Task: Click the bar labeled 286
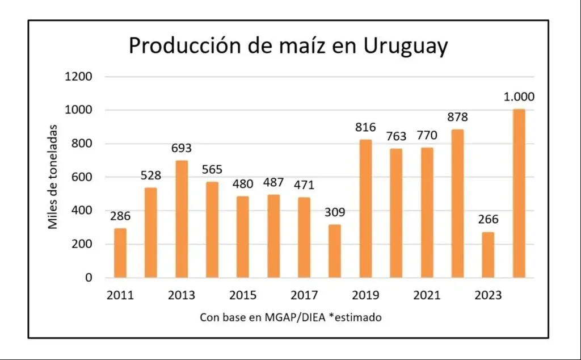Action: point(120,253)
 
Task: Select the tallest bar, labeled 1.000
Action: point(519,194)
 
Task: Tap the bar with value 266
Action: point(488,255)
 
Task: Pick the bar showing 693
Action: point(182,219)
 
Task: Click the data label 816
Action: point(365,128)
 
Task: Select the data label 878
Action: point(457,118)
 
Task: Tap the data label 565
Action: point(212,170)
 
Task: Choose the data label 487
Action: point(273,183)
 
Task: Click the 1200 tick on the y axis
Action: point(79,77)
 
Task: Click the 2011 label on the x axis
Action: point(120,295)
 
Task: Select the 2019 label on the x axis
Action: point(365,295)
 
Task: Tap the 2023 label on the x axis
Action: point(488,295)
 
